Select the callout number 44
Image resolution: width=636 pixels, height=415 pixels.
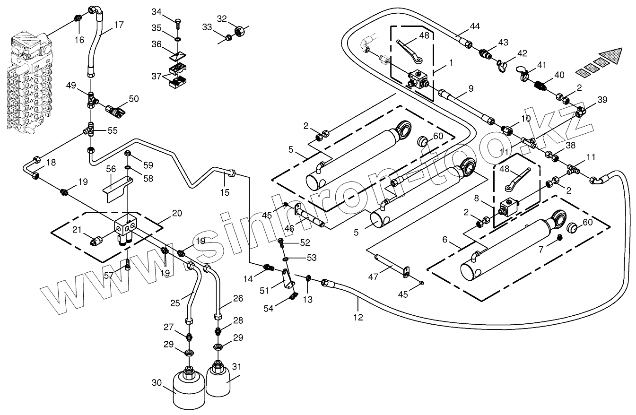(474, 26)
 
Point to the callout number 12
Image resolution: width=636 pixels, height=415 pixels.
(358, 317)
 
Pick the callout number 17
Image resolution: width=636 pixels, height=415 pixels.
(119, 25)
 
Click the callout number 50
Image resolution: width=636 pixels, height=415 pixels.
(134, 99)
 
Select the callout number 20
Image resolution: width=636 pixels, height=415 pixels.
(176, 213)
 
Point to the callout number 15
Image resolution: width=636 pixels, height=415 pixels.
(224, 192)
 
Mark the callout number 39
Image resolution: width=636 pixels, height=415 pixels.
(602, 100)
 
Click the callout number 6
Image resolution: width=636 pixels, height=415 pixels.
(444, 240)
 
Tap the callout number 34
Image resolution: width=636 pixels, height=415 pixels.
(156, 11)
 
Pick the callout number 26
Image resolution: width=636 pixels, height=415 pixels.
(238, 298)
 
